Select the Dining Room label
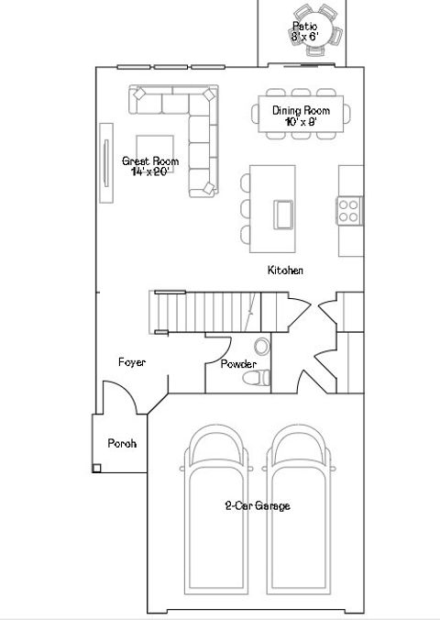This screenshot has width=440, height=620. pos(300,115)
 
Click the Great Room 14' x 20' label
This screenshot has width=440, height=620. pos(150,166)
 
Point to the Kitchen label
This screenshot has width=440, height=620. pos(285,271)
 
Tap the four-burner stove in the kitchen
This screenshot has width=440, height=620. pos(349,211)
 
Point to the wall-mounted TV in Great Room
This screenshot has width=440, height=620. pos(105,164)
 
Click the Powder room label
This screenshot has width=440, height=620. pos(238,364)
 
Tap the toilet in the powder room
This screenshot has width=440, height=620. pos(264,375)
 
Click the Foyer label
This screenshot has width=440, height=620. pos(132,362)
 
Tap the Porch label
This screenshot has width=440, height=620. pos(122,443)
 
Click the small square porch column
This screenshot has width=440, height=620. pos(96,468)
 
